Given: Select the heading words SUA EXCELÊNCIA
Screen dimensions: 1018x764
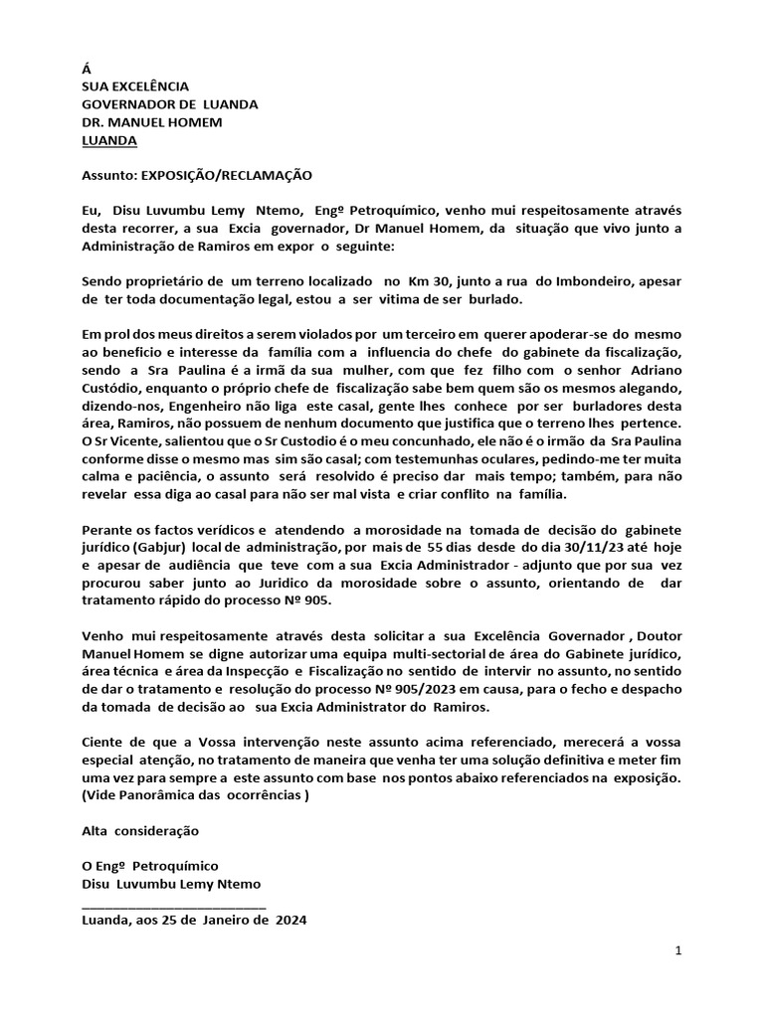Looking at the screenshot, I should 134,87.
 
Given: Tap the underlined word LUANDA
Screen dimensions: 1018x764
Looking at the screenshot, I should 109,140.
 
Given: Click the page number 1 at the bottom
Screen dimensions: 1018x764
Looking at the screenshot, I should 677,951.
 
